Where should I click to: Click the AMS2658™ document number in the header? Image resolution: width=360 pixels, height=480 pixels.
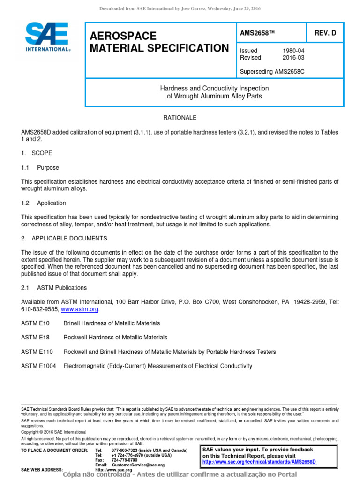pos(256,33)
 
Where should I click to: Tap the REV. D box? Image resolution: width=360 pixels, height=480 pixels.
pos(325,33)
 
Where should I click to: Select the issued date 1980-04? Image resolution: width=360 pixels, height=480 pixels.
pos(293,51)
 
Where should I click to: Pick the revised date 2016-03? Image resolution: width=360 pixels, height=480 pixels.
pos(293,58)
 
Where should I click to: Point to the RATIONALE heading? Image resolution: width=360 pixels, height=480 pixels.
pos(180,118)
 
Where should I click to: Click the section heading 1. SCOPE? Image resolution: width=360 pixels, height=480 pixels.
pos(37,153)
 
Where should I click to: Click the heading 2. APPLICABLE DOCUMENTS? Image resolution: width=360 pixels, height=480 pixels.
pos(64,239)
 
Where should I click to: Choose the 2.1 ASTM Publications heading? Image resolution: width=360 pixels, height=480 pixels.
pos(54,288)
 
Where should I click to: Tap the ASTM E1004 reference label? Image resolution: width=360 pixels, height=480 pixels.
pos(38,366)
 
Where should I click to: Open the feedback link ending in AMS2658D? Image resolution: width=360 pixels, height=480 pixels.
pos(259,462)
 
